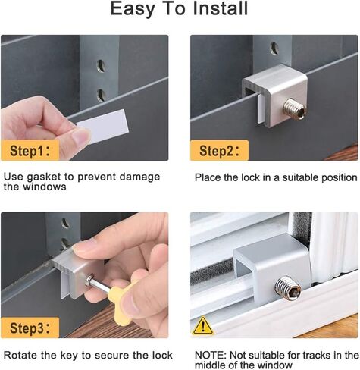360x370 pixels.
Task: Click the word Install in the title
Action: coord(220,8)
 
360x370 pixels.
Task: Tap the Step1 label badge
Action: coord(30,150)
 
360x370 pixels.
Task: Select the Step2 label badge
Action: coord(219,150)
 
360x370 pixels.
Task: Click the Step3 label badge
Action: coord(30,328)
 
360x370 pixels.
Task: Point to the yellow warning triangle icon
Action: coord(203,325)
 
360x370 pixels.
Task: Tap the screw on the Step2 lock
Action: coord(295,109)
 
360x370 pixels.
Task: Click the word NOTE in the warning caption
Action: coord(211,355)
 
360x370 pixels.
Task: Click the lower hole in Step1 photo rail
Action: coord(102,95)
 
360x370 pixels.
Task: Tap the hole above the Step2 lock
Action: coord(274,49)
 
